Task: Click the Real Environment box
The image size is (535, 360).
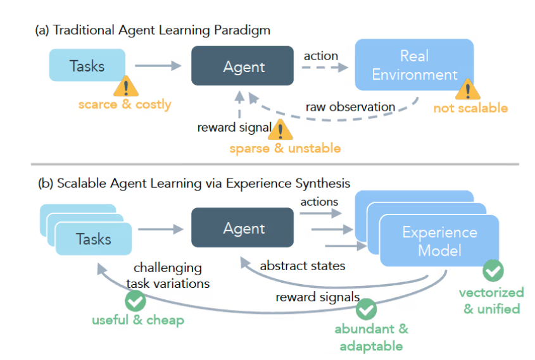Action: (414, 65)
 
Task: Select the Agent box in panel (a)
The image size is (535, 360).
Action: (242, 66)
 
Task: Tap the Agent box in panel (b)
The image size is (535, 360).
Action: (242, 228)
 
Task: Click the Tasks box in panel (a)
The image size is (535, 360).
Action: (87, 65)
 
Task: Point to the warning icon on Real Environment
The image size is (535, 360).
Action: (467, 89)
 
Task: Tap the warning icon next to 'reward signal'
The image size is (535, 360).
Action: (281, 129)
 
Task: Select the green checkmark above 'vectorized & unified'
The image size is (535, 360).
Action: (493, 271)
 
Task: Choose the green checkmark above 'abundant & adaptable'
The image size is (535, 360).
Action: (366, 309)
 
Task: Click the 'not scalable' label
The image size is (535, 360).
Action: (470, 108)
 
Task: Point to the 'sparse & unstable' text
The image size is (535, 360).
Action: (285, 149)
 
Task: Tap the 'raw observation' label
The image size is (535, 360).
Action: (350, 107)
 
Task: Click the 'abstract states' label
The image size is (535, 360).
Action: (303, 266)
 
